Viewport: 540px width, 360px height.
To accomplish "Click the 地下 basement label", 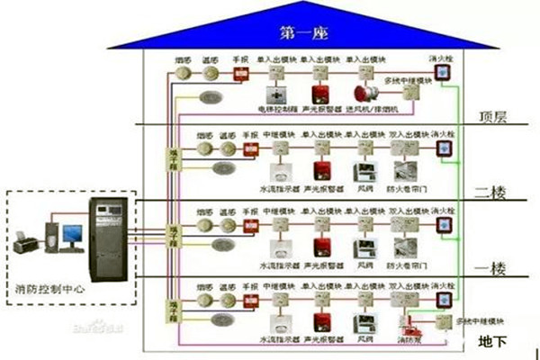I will (x=493, y=341).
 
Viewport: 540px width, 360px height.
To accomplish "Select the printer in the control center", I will (x=24, y=240).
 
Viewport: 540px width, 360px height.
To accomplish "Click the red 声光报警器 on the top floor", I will (x=319, y=94).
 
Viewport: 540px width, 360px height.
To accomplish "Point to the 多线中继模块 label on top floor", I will (x=407, y=80).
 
